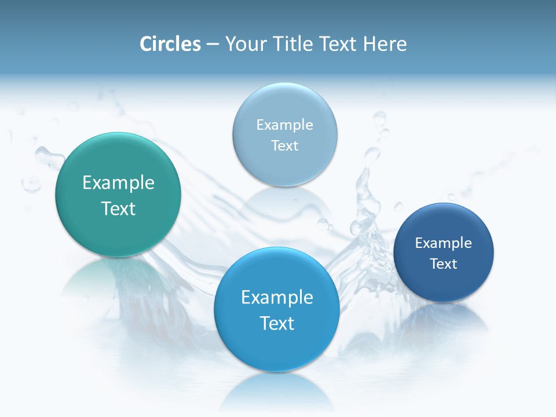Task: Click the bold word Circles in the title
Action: click(x=170, y=44)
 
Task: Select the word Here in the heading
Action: click(x=385, y=44)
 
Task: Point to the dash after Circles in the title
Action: click(x=212, y=45)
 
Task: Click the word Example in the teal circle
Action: click(x=118, y=183)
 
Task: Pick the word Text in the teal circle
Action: click(x=118, y=209)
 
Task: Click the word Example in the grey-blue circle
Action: click(x=284, y=125)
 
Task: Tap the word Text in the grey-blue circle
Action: click(x=284, y=146)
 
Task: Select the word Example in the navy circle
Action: click(x=444, y=243)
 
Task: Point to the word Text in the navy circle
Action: click(x=444, y=264)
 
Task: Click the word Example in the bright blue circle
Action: click(x=277, y=298)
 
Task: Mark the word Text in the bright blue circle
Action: click(x=277, y=323)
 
